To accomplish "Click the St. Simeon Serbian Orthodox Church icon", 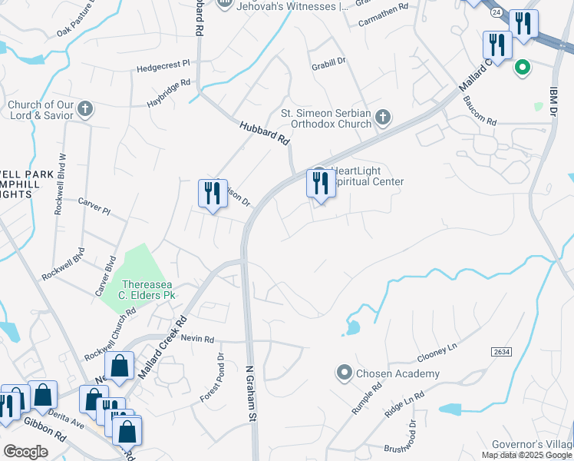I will coord(383,118).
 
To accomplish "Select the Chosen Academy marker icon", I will coord(344,374).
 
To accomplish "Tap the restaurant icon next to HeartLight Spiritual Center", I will coord(321,184).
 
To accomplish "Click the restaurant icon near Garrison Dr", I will coord(212,194).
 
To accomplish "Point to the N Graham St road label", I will coord(250,392).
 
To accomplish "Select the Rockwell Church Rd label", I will coord(110,335).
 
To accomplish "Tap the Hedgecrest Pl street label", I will coord(163,67).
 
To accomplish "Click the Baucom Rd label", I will coord(480,122).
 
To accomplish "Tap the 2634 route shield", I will coord(501,351).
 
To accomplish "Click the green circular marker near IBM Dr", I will coord(523,68).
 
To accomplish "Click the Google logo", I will coord(26,451).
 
